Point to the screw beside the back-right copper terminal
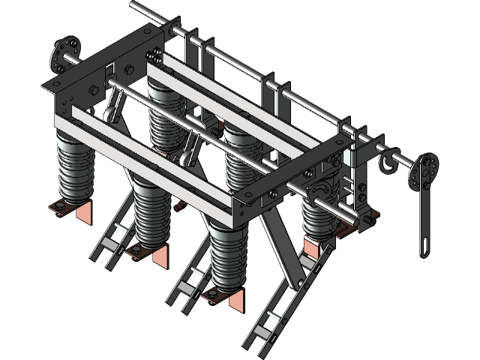tap(371, 220)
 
